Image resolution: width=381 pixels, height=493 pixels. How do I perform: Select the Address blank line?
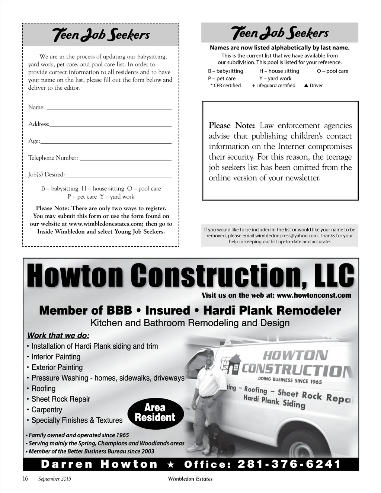point(111,126)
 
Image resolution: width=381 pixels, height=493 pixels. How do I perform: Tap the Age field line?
point(106,143)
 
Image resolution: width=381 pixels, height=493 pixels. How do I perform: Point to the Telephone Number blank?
point(126,159)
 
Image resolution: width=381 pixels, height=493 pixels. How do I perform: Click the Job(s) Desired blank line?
point(118,176)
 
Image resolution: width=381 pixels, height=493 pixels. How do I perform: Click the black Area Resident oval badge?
point(155,413)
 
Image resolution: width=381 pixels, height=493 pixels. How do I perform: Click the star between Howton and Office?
point(171,464)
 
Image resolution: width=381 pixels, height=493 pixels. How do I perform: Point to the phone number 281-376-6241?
point(289,464)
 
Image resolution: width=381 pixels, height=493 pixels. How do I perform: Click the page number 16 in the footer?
point(25,478)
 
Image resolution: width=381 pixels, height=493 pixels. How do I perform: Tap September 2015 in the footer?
point(55,479)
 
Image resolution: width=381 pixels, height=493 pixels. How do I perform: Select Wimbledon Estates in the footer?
point(190,479)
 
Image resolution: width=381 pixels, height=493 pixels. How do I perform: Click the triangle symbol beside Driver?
point(306,86)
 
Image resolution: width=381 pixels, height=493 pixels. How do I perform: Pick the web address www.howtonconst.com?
point(314,295)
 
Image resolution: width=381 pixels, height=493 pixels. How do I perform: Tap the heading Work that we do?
point(58,335)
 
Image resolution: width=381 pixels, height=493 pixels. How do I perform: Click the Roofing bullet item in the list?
point(44,388)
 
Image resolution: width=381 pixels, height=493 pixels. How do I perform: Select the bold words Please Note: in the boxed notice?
point(231,125)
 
